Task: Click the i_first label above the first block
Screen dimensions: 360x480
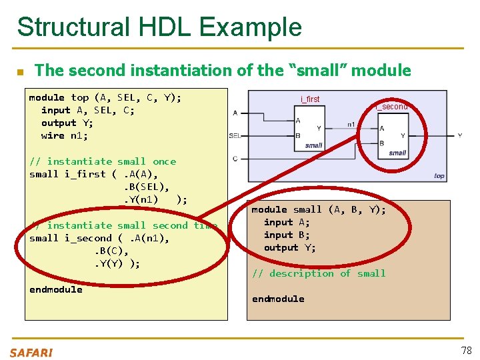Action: point(310,99)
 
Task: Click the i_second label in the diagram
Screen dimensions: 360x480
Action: point(391,107)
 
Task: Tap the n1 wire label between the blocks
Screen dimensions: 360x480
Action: point(351,124)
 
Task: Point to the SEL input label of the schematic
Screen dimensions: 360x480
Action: point(235,135)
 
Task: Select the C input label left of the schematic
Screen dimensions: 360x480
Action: point(235,158)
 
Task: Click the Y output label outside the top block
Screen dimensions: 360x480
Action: point(460,135)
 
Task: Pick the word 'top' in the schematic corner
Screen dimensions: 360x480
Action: point(439,176)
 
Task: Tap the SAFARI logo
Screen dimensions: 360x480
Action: point(31,353)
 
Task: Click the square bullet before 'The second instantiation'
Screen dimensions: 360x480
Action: point(21,71)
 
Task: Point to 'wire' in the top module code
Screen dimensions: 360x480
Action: point(53,135)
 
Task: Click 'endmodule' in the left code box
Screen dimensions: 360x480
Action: point(56,289)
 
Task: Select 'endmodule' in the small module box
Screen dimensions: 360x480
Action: point(278,299)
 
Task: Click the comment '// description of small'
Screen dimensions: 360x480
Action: point(319,273)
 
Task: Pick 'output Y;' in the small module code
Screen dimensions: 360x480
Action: point(290,247)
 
